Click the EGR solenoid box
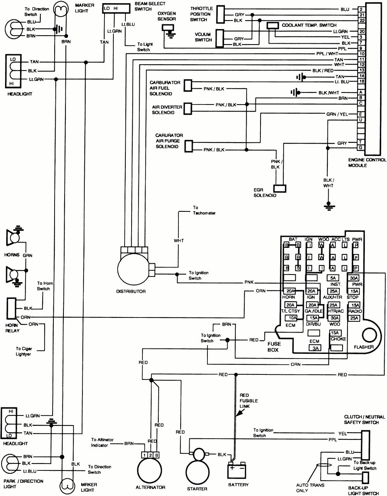280,188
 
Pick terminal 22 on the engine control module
361,20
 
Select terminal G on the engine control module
361,148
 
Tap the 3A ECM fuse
314,348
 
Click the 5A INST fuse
333,278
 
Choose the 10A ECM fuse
291,318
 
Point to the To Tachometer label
204,211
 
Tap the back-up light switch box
365,479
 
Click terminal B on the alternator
156,455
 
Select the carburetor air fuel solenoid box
188,86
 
